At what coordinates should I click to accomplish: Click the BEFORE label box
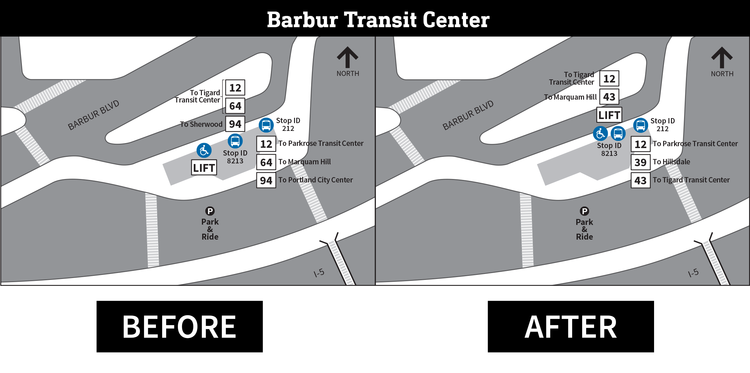[x=179, y=326]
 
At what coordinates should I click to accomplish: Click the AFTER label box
[x=571, y=326]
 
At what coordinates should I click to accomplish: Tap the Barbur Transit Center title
[x=378, y=20]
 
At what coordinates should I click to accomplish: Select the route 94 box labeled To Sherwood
[x=235, y=124]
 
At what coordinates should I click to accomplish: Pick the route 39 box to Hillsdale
[x=640, y=162]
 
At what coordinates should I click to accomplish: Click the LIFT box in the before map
[x=204, y=168]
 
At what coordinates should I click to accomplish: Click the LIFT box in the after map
[x=609, y=115]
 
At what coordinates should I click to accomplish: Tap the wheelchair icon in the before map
[x=204, y=151]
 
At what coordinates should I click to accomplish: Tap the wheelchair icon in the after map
[x=600, y=134]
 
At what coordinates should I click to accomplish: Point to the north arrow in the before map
[x=347, y=58]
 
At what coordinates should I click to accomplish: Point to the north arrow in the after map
[x=722, y=58]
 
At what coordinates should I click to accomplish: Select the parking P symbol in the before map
[x=210, y=211]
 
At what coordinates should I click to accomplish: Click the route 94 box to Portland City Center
[x=266, y=180]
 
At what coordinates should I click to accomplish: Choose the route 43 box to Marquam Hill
[x=609, y=97]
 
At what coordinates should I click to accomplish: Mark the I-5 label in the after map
[x=693, y=273]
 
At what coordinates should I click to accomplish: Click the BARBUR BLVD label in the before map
[x=93, y=115]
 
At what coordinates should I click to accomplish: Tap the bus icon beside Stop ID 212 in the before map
[x=266, y=125]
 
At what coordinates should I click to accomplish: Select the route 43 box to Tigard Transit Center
[x=640, y=180]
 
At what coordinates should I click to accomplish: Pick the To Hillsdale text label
[x=671, y=162]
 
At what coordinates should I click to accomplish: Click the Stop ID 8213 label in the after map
[x=609, y=149]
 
